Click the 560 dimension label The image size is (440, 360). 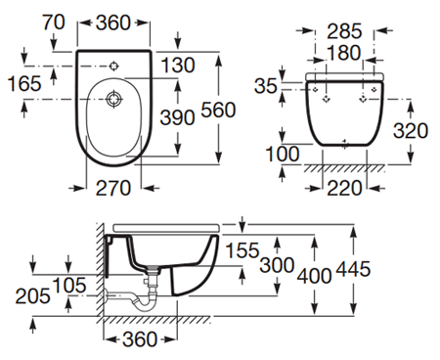coord(218,110)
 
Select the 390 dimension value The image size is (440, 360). coord(177,117)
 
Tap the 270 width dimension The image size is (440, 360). coord(113,189)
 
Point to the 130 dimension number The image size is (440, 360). coord(178,66)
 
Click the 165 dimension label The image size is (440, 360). coord(24,83)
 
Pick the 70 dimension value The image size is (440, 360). coord(54,22)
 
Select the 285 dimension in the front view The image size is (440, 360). coord(344,31)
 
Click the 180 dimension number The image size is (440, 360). coord(344,53)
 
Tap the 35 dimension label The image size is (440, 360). coord(266,86)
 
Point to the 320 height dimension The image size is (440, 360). coord(411,131)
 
